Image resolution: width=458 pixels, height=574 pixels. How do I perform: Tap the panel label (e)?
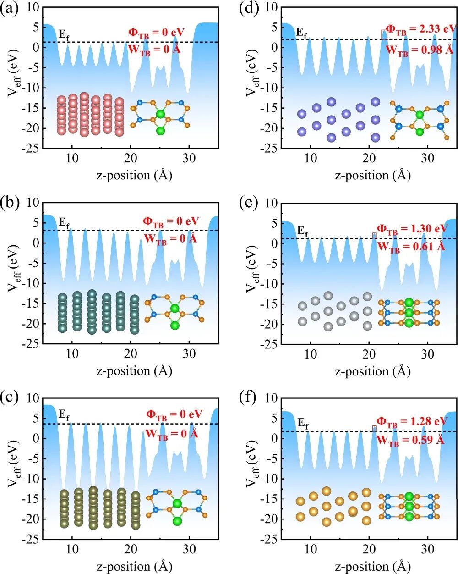pyautogui.click(x=248, y=203)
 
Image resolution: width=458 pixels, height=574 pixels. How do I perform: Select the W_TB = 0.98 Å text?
pyautogui.click(x=420, y=50)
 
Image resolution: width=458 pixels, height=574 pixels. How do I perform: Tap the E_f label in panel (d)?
pyautogui.click(x=302, y=33)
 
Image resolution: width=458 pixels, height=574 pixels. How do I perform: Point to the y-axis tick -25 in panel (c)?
pyautogui.click(x=31, y=539)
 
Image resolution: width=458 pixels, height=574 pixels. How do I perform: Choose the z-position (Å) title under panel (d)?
pyautogui.click(x=372, y=175)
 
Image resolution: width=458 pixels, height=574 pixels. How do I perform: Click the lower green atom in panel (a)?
pyautogui.click(x=160, y=131)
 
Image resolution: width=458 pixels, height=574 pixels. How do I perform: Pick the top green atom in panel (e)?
pyautogui.click(x=409, y=302)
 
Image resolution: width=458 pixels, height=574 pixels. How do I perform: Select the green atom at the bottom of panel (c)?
pyautogui.click(x=177, y=521)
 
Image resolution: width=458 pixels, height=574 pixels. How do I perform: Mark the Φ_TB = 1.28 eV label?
pyautogui.click(x=412, y=421)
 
